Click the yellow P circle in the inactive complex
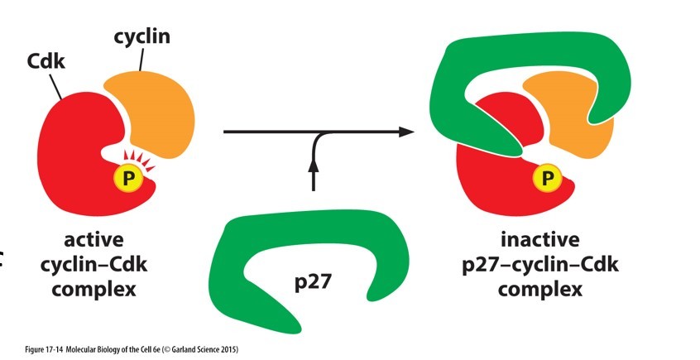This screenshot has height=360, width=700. click(546, 175)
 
